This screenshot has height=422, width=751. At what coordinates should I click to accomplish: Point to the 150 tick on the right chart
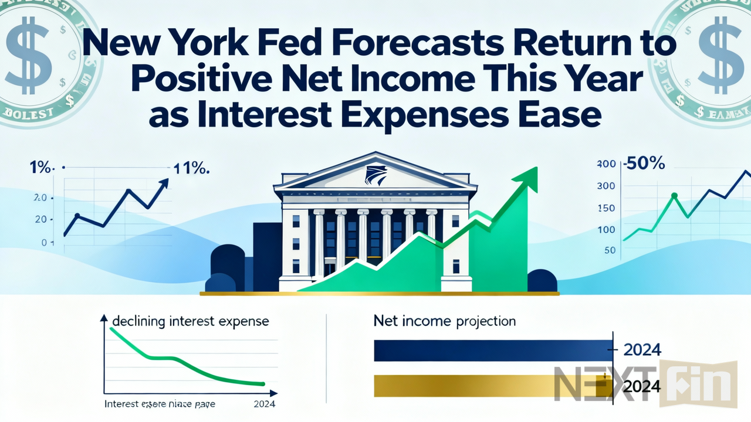tap(606, 209)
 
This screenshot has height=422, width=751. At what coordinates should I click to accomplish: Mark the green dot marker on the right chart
tap(674, 196)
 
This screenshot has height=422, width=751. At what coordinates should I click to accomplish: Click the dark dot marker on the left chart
tap(77, 216)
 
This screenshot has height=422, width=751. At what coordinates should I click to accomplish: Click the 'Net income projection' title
tap(445, 321)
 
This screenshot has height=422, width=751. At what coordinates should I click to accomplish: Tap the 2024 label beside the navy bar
tap(642, 350)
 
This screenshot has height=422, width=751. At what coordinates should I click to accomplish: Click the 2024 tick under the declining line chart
tap(264, 404)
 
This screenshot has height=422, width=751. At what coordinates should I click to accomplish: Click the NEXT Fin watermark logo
tap(645, 384)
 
